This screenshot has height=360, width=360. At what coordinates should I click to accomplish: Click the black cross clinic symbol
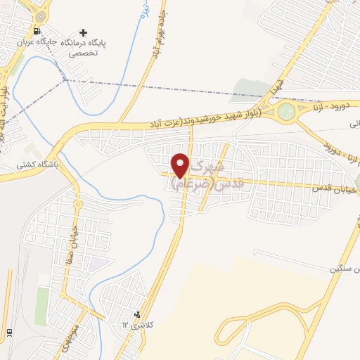(x=84, y=32)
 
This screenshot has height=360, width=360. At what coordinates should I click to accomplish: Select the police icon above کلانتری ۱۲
(x=137, y=314)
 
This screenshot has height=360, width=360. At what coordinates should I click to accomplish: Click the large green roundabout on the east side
(x=287, y=111)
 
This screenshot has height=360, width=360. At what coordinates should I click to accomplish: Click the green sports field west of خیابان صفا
(x=42, y=306)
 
